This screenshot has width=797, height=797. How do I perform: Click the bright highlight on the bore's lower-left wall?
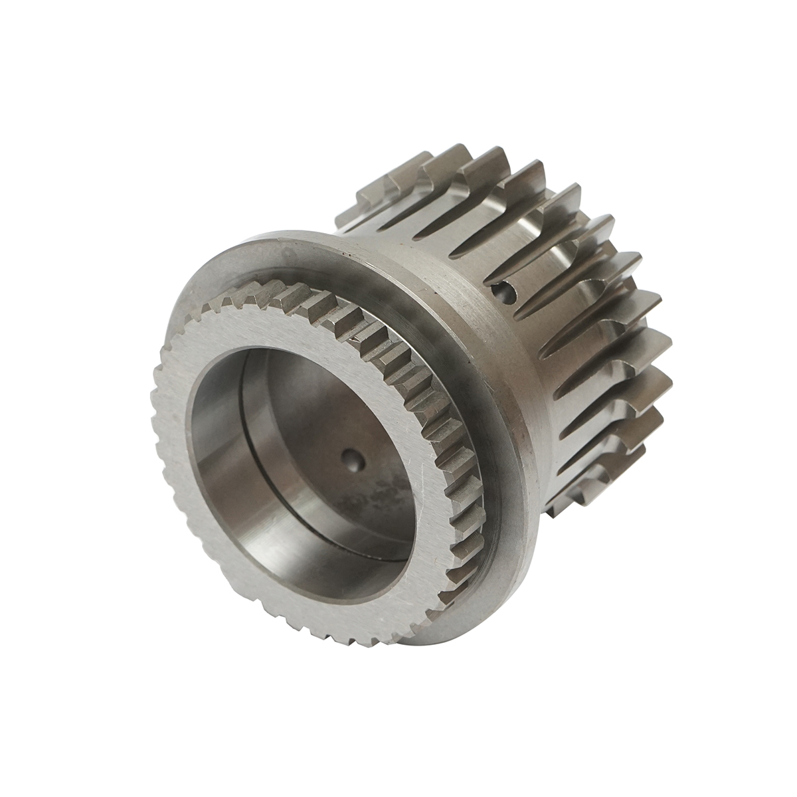tap(219, 505)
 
